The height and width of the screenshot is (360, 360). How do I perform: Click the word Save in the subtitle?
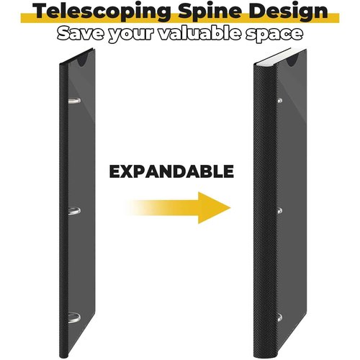pos(81,33)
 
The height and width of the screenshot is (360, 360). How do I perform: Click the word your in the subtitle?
pos(131,35)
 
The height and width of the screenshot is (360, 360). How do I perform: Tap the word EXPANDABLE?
pos(171,171)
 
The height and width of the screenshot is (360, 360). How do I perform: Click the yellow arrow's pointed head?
pos(230,208)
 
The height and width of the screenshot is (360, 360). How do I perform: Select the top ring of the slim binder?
pos(74,101)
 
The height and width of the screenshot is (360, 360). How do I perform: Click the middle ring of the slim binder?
pos(74,211)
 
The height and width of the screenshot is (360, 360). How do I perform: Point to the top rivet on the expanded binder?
pos(279,101)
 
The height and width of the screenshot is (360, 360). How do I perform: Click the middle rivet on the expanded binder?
pos(279,211)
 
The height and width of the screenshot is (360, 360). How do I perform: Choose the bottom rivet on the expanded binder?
pos(279,318)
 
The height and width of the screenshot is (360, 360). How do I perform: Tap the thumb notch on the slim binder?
pos(83,60)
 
